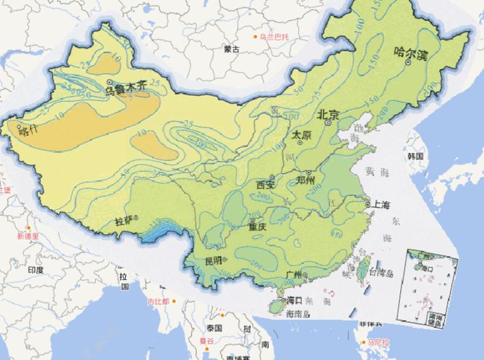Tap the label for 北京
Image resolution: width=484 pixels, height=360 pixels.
[328, 115]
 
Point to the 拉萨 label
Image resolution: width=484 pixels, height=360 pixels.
[124, 221]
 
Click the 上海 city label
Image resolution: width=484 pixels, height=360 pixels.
[381, 205]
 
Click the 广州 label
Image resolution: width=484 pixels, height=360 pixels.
[294, 275]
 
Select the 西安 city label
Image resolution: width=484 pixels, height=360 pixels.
[266, 185]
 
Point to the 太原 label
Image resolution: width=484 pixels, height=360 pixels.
[301, 134]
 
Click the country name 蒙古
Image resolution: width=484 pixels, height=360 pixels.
[231, 49]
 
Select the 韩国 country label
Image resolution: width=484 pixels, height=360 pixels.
[415, 155]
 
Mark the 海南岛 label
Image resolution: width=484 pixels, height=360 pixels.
[297, 313]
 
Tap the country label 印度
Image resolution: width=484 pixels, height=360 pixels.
[35, 269]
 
